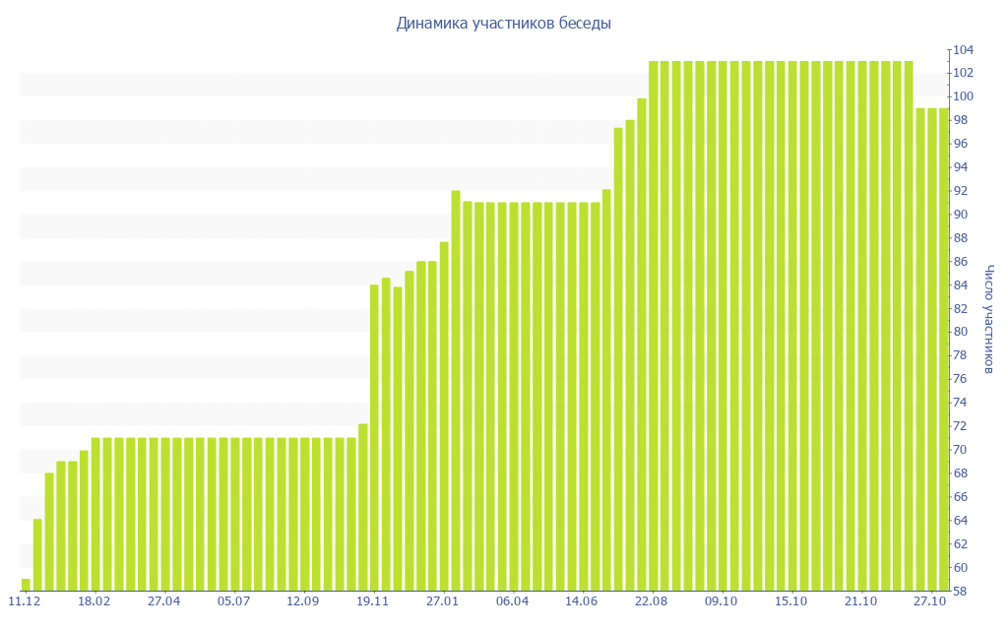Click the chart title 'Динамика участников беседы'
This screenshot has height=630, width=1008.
click(503, 23)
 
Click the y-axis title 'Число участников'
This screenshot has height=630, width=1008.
click(989, 319)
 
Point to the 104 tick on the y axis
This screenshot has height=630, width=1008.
click(962, 49)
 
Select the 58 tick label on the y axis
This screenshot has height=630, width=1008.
click(962, 592)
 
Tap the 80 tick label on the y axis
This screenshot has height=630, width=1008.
click(962, 332)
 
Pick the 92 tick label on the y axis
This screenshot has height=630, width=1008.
click(962, 191)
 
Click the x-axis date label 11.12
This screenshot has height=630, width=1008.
click(24, 601)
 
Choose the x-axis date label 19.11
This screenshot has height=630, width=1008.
click(373, 601)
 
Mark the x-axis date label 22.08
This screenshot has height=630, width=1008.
click(652, 601)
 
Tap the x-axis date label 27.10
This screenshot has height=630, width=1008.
click(931, 601)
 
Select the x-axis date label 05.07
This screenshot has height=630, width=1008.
click(233, 601)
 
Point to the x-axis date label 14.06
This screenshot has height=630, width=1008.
click(582, 601)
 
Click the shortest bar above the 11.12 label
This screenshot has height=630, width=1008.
click(26, 585)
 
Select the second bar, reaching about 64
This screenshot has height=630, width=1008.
click(37, 554)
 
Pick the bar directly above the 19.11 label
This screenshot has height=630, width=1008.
click(374, 438)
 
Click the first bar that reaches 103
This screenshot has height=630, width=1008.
click(654, 325)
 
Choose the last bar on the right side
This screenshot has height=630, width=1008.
click(943, 349)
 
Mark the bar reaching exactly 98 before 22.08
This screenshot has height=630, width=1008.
click(630, 354)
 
